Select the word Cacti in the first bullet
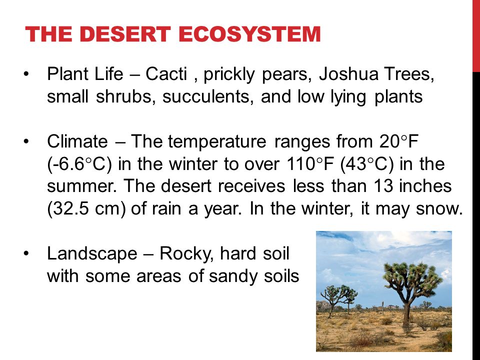pos(166,74)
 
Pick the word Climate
pos(77,141)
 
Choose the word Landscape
pos(92,254)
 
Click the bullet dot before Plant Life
pos(26,74)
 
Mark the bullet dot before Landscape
pos(26,253)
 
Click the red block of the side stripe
pos(476,36)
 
